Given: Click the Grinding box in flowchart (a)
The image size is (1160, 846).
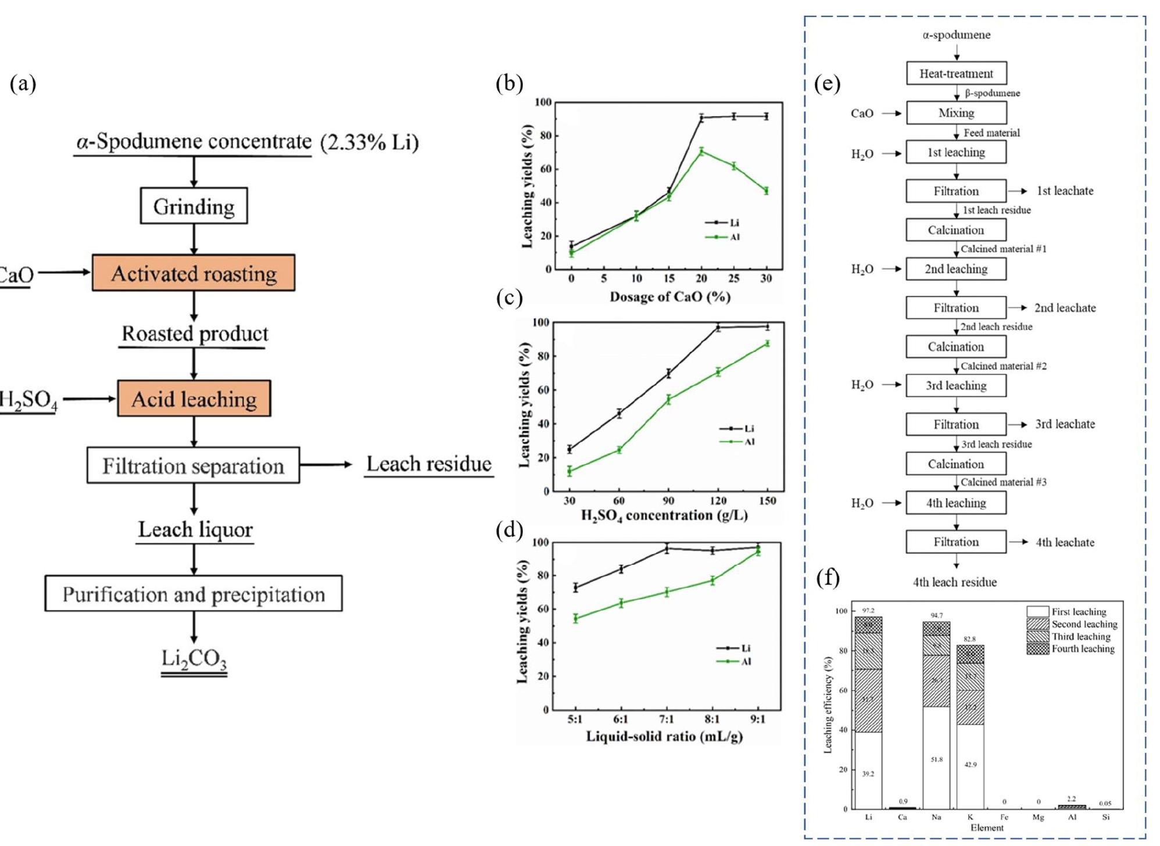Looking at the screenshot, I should pyautogui.click(x=194, y=206).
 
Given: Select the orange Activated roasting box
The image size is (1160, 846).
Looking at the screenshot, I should pyautogui.click(x=194, y=273).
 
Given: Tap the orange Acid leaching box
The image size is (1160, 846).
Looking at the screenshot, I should pyautogui.click(x=194, y=399).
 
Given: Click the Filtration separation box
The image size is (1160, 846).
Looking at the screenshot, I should pyautogui.click(x=194, y=465).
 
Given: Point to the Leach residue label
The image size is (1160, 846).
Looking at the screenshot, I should pyautogui.click(x=429, y=464).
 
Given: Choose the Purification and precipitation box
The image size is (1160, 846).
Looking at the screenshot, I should pyautogui.click(x=194, y=594).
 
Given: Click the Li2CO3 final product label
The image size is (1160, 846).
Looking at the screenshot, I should pyautogui.click(x=194, y=659).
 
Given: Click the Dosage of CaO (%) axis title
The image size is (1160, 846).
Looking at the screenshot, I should pyautogui.click(x=669, y=297).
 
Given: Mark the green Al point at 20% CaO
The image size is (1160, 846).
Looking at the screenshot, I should pyautogui.click(x=702, y=151).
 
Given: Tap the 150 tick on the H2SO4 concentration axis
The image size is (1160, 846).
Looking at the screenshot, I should pyautogui.click(x=767, y=501).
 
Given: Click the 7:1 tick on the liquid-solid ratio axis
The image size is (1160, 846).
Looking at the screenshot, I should pyautogui.click(x=667, y=719).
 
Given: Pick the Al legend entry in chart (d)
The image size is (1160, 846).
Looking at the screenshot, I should pyautogui.click(x=735, y=662).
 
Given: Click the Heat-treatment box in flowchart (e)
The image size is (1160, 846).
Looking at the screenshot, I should pyautogui.click(x=956, y=74).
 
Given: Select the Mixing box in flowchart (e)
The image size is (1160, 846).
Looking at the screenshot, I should pyautogui.click(x=956, y=113).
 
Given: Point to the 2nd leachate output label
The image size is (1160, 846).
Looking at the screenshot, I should pyautogui.click(x=1065, y=308).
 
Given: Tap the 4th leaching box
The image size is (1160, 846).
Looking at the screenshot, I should pyautogui.click(x=956, y=503).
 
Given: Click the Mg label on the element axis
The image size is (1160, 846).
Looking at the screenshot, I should pyautogui.click(x=1038, y=818).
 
